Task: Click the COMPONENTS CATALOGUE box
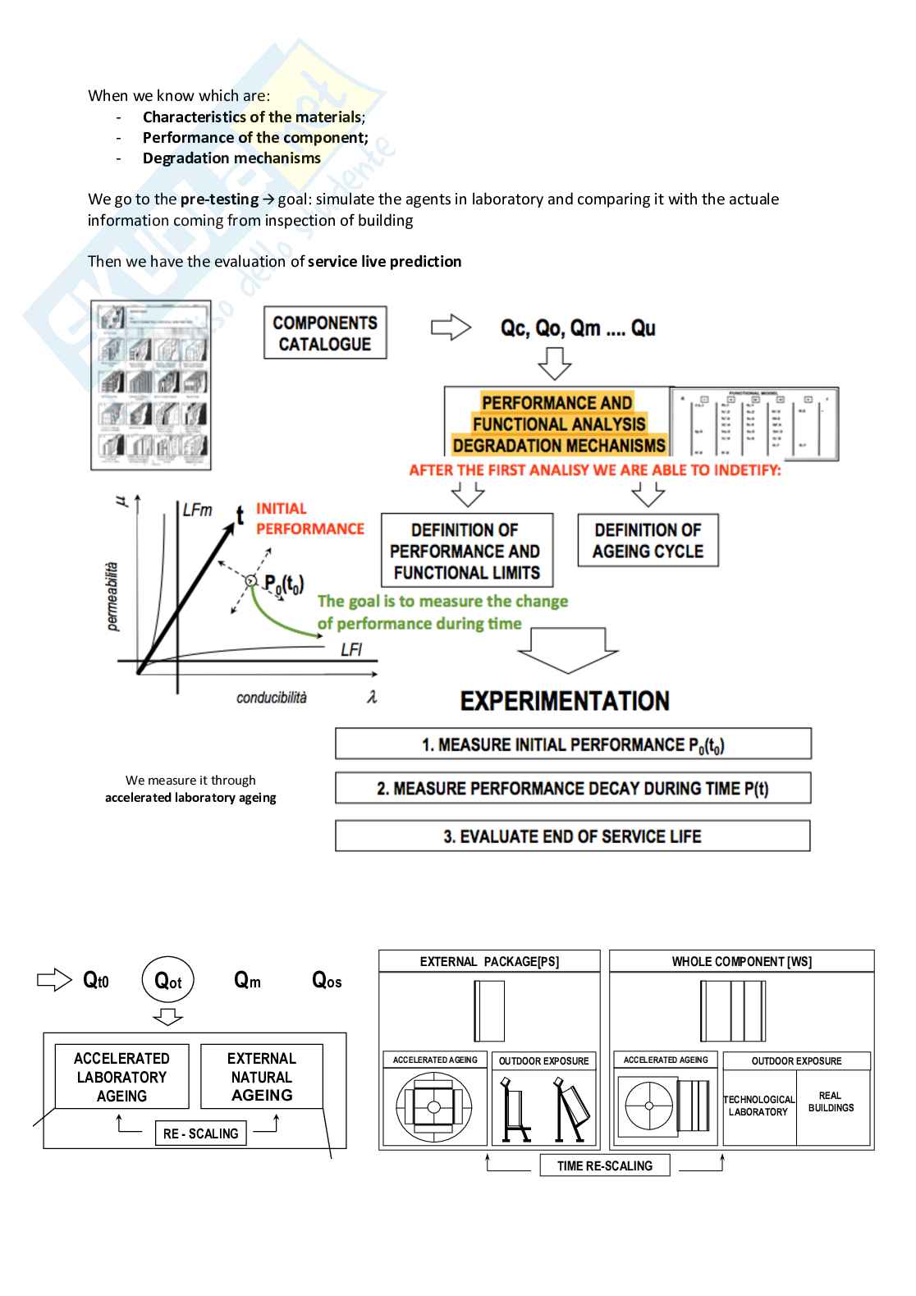coord(325,333)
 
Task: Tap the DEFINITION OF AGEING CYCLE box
coord(648,540)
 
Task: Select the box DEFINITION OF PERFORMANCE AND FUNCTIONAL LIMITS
coord(466,551)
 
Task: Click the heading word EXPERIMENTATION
coord(565,701)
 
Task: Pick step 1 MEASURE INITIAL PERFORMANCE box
coord(573,744)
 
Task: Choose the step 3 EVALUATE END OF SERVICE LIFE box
coord(572,836)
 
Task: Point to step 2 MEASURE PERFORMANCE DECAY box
coord(573,789)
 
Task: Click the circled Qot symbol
coord(168,981)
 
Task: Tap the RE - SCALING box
coord(201,1133)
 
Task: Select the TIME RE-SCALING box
coord(605,1165)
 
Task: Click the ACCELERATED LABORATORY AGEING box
coord(121,1077)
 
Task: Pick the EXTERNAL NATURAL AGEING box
coord(262,1077)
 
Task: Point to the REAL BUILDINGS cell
coord(831,1102)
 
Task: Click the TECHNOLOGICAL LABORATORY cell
coord(758,1106)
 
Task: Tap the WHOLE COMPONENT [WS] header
coord(741,961)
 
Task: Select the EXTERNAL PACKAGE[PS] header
coord(489,961)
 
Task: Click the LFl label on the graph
coord(351,650)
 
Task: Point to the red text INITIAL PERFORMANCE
coord(309,519)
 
